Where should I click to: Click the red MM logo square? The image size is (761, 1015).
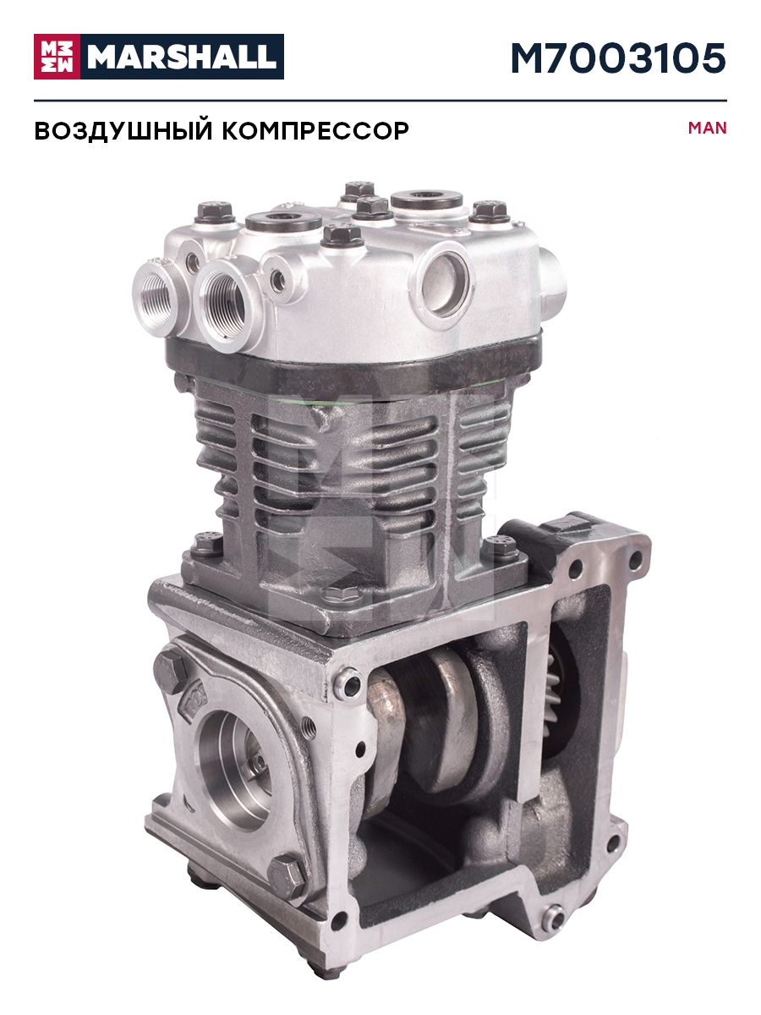(57, 57)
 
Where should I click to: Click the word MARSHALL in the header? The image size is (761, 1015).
(182, 57)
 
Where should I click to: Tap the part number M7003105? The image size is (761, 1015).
(619, 58)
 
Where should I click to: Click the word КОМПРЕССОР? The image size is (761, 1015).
(315, 131)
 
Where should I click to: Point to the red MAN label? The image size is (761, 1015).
(708, 128)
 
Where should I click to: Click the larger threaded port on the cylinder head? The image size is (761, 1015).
(226, 303)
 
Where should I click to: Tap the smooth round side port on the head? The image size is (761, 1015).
(442, 283)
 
